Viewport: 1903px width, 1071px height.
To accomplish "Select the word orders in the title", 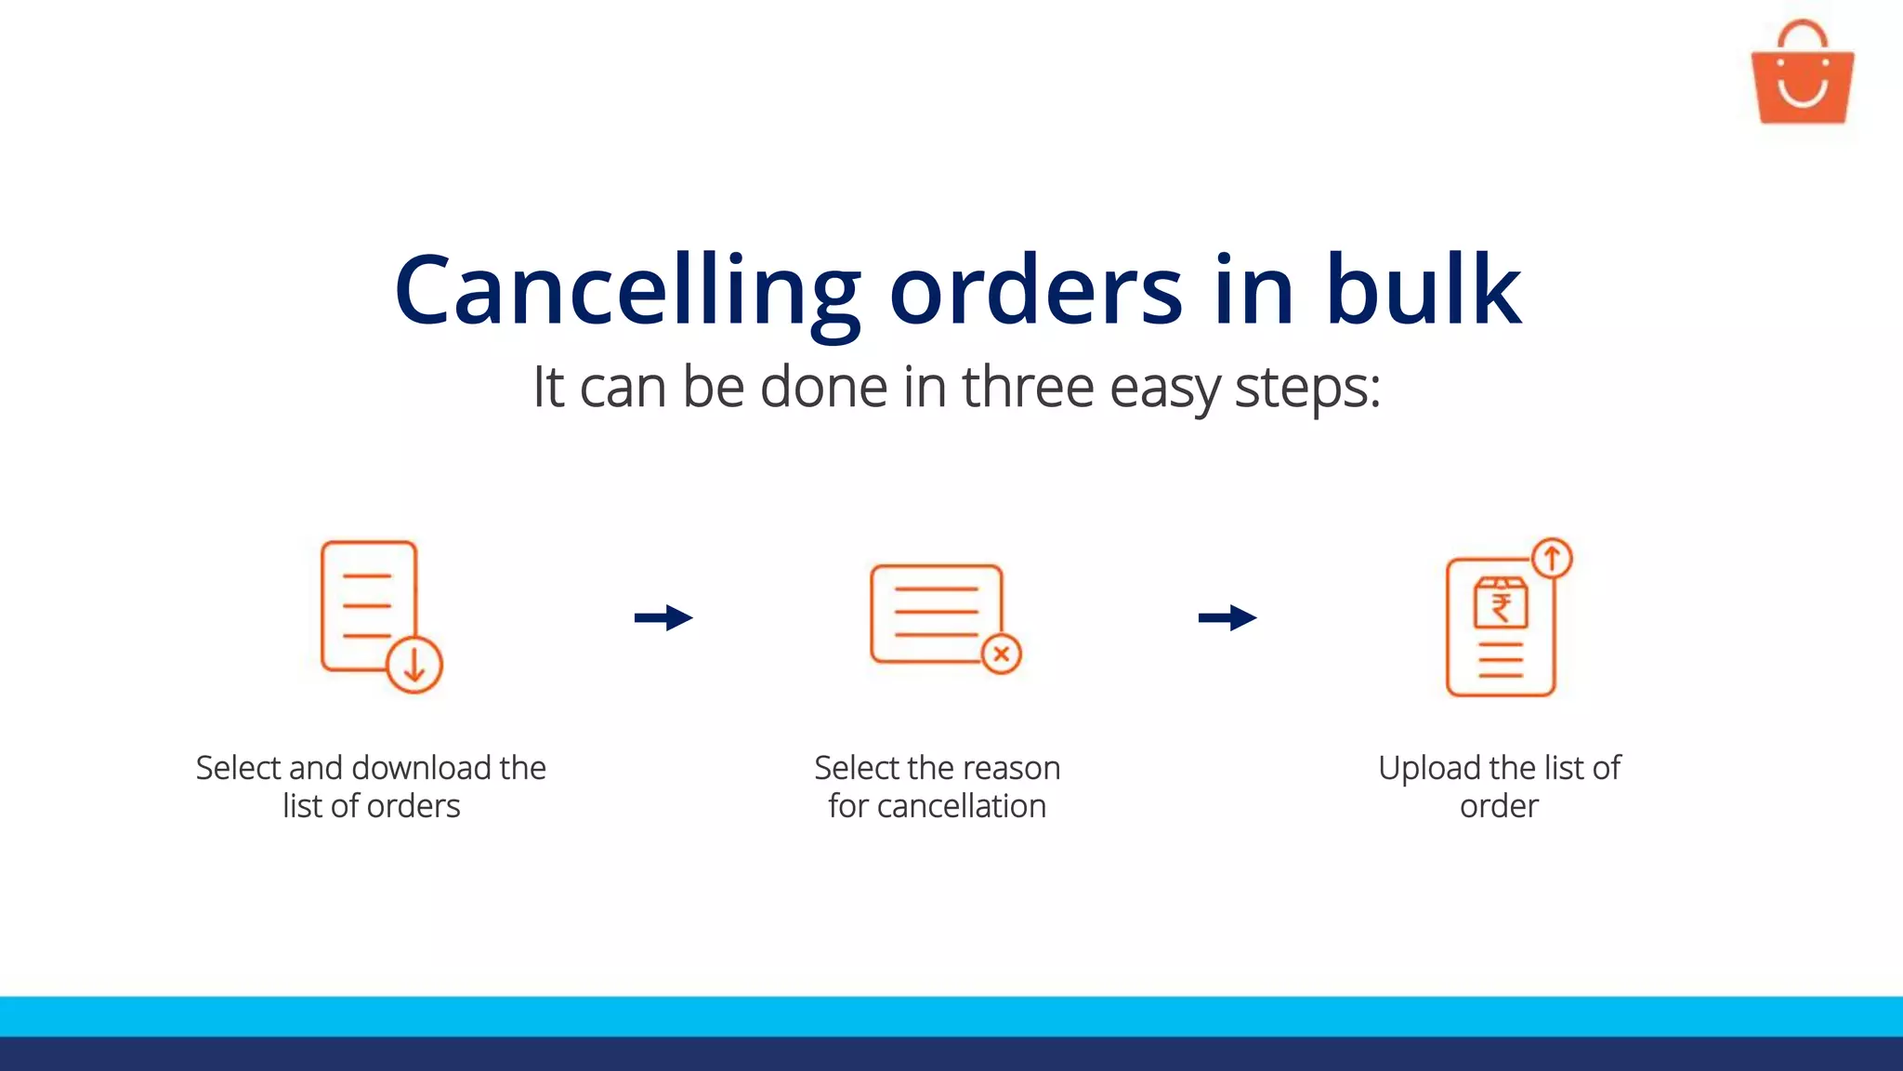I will tap(1036, 292).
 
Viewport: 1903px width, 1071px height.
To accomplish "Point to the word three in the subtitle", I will tap(1028, 387).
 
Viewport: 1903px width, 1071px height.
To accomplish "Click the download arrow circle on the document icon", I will tap(414, 665).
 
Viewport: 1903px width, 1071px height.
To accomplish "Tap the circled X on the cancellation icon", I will tap(1002, 654).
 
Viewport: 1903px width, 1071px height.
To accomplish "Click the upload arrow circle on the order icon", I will tap(1552, 559).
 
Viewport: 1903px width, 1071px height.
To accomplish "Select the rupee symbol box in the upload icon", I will tap(1501, 604).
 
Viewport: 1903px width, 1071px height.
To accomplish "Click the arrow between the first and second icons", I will tap(663, 617).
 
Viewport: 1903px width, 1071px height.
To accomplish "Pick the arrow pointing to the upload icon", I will tap(1227, 617).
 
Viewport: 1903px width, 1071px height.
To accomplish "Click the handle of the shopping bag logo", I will tap(1802, 33).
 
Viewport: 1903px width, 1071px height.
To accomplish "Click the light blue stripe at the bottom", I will tap(951, 1016).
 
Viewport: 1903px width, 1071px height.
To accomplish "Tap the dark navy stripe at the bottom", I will tap(951, 1054).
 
